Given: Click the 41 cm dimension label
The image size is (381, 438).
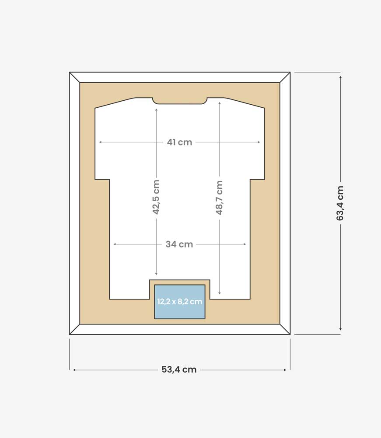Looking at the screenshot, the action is click(179, 142).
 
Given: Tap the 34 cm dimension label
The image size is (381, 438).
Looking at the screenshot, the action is click(179, 244).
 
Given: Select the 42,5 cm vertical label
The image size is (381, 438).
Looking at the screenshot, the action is click(156, 197).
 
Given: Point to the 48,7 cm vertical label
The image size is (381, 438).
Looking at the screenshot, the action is click(219, 198).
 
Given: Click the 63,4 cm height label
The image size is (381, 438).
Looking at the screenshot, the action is click(340, 203).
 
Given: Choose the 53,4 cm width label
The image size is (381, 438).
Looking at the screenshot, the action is click(179, 370).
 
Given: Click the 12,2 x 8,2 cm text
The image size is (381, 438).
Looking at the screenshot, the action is click(180, 302).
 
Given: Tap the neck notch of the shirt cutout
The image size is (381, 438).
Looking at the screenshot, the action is click(180, 101).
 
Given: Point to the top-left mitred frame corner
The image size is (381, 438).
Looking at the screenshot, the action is click(74, 78).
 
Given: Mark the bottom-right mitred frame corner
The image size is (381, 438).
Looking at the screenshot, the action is click(285, 329).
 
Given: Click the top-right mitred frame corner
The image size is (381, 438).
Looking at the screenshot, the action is click(285, 78).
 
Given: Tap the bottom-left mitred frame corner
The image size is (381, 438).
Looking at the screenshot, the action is click(74, 329).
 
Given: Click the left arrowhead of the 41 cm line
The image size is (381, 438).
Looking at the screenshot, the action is click(100, 142).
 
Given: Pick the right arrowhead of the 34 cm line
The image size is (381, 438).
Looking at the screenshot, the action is click(245, 244).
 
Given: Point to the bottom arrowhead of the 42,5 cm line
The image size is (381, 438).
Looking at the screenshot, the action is click(156, 274).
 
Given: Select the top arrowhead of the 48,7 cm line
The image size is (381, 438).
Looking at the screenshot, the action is click(220, 103).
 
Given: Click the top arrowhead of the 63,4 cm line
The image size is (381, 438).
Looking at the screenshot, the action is click(340, 77).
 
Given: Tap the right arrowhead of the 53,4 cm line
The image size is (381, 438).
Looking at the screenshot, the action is click(285, 370).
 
